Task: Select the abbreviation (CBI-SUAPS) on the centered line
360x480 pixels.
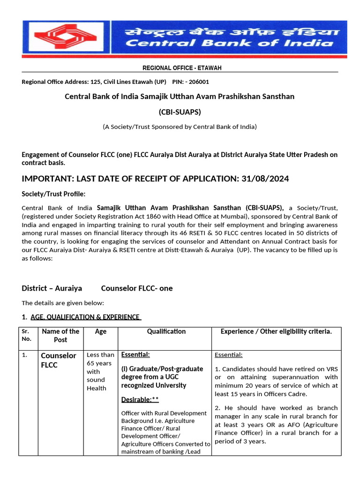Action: [180, 112]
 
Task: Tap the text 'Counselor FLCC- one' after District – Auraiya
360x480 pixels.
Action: [137, 288]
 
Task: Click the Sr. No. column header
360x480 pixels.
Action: [26, 335]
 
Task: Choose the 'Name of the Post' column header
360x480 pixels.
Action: [60, 335]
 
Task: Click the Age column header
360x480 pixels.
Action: [101, 331]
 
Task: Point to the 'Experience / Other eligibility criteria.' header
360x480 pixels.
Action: [276, 331]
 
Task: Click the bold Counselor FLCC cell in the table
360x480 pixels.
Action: [59, 360]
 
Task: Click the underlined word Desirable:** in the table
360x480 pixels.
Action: [140, 399]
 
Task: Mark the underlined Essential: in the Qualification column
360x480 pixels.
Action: [135, 354]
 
